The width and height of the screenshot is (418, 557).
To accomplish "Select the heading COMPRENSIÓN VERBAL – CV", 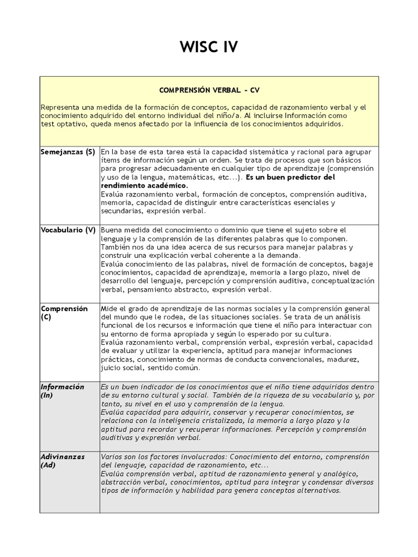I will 209,89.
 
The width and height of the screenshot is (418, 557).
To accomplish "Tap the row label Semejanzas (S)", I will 68,152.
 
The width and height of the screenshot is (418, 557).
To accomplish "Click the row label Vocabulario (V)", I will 68,230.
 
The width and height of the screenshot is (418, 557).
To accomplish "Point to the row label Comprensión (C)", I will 64,312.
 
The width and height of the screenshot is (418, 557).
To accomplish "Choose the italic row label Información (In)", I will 63,391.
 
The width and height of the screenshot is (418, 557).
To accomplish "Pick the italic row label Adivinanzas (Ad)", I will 63,461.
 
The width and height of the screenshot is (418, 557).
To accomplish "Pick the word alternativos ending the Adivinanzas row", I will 318,490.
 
